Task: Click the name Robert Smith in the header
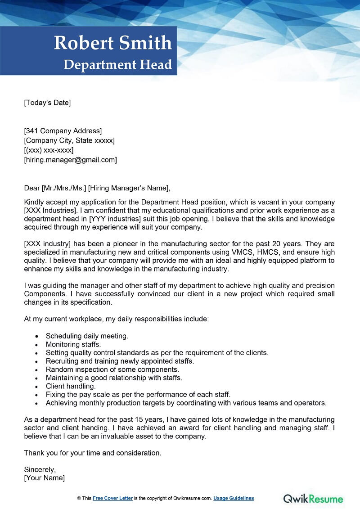pyautogui.click(x=113, y=43)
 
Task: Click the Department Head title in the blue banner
pyautogui.click(x=118, y=64)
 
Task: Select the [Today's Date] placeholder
pyautogui.click(x=47, y=103)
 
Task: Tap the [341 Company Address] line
pyautogui.click(x=63, y=131)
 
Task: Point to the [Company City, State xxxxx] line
pyautogui.click(x=69, y=140)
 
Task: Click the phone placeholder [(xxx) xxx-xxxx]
pyautogui.click(x=49, y=150)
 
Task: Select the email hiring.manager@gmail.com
pyautogui.click(x=70, y=159)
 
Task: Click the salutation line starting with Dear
pyautogui.click(x=97, y=188)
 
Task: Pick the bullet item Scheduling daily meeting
pyautogui.click(x=87, y=336)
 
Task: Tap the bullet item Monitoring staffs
pyautogui.click(x=73, y=344)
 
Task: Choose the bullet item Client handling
pyautogui.click(x=71, y=386)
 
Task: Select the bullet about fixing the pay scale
pyautogui.click(x=138, y=394)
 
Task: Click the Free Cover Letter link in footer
pyautogui.click(x=112, y=498)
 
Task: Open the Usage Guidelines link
pyautogui.click(x=234, y=498)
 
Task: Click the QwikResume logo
pyautogui.click(x=313, y=498)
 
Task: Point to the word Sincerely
pyautogui.click(x=40, y=469)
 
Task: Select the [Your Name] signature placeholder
pyautogui.click(x=44, y=478)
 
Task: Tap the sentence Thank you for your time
pyautogui.click(x=92, y=453)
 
